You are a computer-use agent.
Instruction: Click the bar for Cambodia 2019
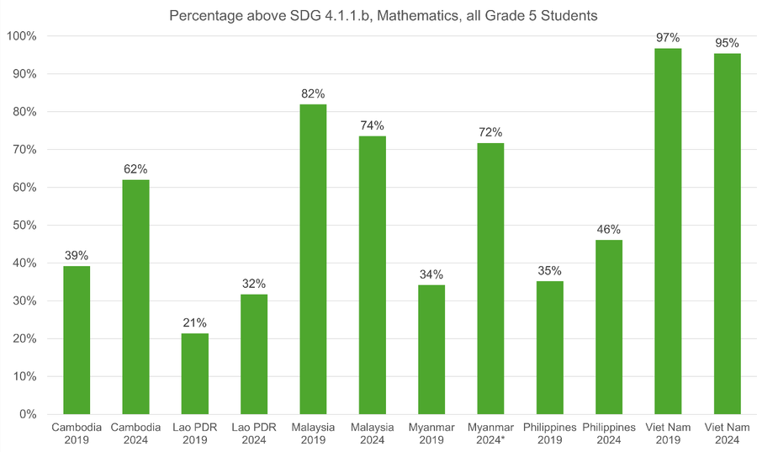tap(77, 340)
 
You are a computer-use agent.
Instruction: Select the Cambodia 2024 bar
tap(135, 297)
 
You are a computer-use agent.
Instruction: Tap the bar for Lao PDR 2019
tap(195, 374)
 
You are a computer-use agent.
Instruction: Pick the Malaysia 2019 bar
tap(313, 259)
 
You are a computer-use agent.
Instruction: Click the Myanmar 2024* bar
tap(490, 279)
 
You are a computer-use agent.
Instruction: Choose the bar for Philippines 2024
tap(609, 327)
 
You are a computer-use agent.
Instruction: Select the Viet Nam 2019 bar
tap(668, 231)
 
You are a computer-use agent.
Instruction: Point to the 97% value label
tap(669, 38)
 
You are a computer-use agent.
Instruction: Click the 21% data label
tap(195, 323)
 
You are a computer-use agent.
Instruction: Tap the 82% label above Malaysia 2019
tap(313, 93)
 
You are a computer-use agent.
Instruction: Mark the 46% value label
tap(609, 230)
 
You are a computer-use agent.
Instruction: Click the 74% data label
tap(373, 125)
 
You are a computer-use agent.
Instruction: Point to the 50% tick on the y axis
tap(24, 226)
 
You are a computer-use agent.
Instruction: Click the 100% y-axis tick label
tap(21, 36)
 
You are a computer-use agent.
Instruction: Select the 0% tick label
tap(27, 415)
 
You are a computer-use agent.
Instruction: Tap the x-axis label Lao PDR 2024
tap(254, 433)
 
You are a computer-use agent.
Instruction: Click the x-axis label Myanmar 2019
tap(431, 433)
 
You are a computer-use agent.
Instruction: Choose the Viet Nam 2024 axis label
tap(728, 433)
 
